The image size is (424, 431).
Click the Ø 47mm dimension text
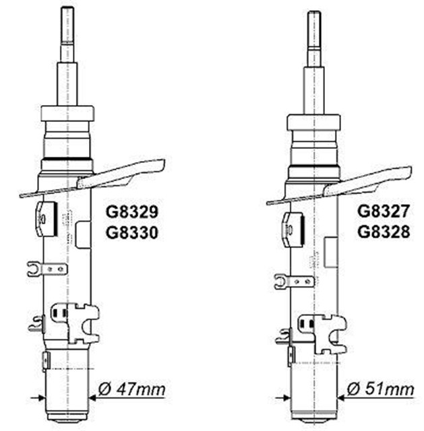131,390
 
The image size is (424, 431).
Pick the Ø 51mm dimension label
380,389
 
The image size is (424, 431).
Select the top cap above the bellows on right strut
313,122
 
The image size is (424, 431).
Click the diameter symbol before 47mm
104,390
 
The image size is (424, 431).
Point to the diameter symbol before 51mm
352,389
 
